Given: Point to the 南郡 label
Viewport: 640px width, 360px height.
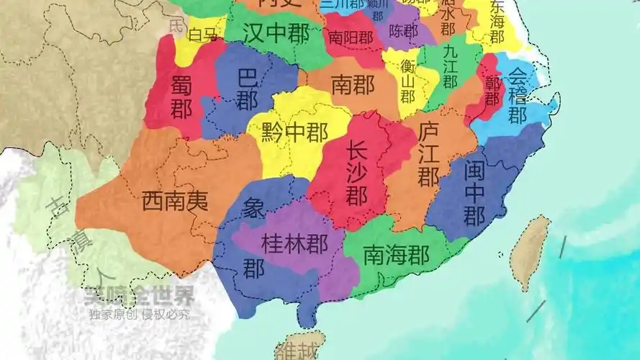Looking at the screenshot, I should point(352,86).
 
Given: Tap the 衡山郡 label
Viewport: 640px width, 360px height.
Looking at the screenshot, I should point(407,80).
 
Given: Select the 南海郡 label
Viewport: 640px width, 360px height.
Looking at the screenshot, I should point(396,255).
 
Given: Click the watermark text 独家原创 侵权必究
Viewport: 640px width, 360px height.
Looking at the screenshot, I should point(140,315).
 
